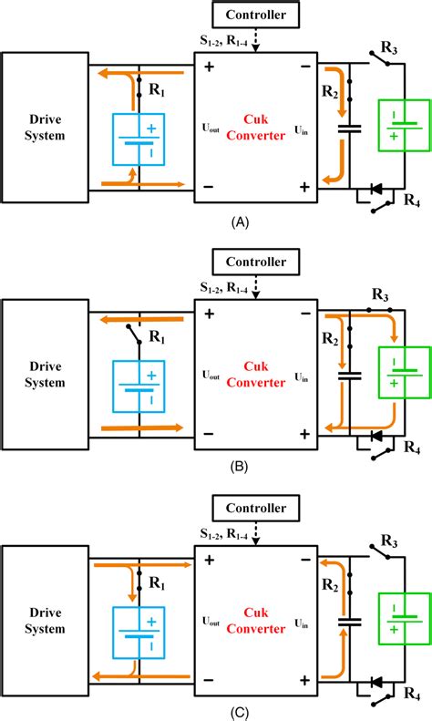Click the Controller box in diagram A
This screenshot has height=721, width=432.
point(255,15)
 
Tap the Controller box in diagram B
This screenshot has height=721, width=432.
point(255,262)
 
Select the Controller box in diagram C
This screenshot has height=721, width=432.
point(255,508)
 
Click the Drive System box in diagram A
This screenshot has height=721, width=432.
point(45,128)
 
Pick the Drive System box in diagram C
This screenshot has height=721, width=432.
point(45,621)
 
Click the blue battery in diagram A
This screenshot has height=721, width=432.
point(139,139)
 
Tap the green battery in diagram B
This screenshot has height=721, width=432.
point(405,373)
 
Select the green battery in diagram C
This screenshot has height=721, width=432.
point(405,620)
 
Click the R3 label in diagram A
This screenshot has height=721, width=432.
point(389,48)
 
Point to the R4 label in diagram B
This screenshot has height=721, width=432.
point(412,448)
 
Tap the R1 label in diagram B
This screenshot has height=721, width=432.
point(157,337)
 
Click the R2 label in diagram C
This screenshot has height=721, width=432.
point(330,585)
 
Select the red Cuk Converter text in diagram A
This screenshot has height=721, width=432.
point(255,128)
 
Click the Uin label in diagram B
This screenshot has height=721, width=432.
point(301,378)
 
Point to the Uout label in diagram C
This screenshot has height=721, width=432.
point(211,622)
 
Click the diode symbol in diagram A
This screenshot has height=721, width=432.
point(376,188)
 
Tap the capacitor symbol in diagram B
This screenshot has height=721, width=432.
point(350,376)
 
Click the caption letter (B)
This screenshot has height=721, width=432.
point(241,467)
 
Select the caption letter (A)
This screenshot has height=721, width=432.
point(241,222)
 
